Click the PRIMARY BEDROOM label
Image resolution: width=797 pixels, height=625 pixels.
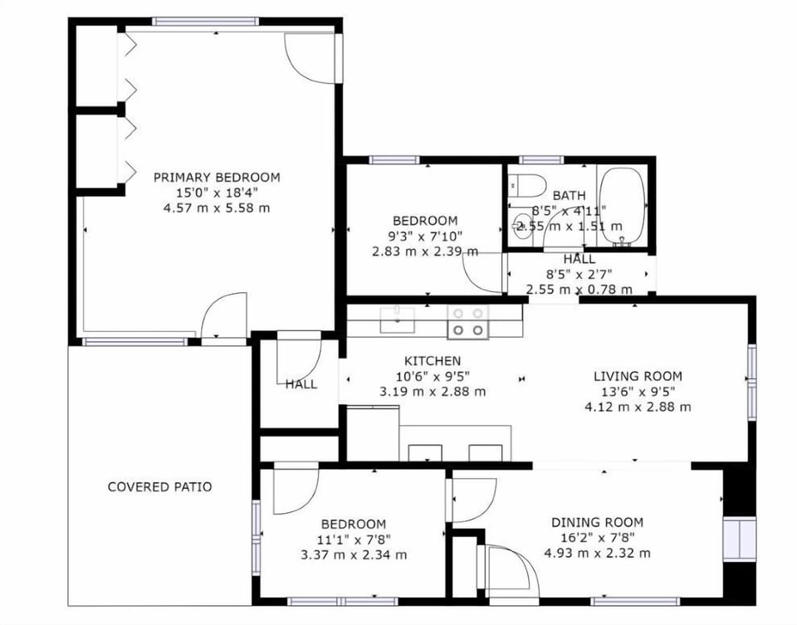click(217, 177)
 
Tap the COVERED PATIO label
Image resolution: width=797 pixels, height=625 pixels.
click(159, 486)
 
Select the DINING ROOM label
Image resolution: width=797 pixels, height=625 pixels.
click(597, 522)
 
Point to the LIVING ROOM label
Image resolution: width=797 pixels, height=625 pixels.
click(637, 375)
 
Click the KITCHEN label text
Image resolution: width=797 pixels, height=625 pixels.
click(432, 361)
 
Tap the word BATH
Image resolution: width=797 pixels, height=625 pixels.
click(569, 196)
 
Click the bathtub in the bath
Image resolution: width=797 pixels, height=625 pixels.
click(622, 207)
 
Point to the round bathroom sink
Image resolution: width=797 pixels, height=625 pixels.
click(522, 224)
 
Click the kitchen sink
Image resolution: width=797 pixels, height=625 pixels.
click(398, 320)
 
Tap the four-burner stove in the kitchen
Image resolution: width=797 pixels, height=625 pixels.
click(467, 321)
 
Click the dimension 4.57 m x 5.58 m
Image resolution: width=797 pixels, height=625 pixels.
click(217, 208)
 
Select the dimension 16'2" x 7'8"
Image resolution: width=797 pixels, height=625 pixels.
click(597, 538)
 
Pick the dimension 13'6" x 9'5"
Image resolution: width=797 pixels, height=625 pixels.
click(637, 391)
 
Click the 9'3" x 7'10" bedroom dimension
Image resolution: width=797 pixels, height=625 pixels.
click(424, 236)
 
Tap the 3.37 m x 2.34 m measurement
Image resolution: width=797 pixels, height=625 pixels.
click(353, 554)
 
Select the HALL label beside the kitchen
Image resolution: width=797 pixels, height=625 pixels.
click(301, 384)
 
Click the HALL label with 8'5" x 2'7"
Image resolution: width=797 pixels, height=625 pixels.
click(579, 260)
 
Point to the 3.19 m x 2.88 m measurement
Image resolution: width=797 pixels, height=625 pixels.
click(432, 391)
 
